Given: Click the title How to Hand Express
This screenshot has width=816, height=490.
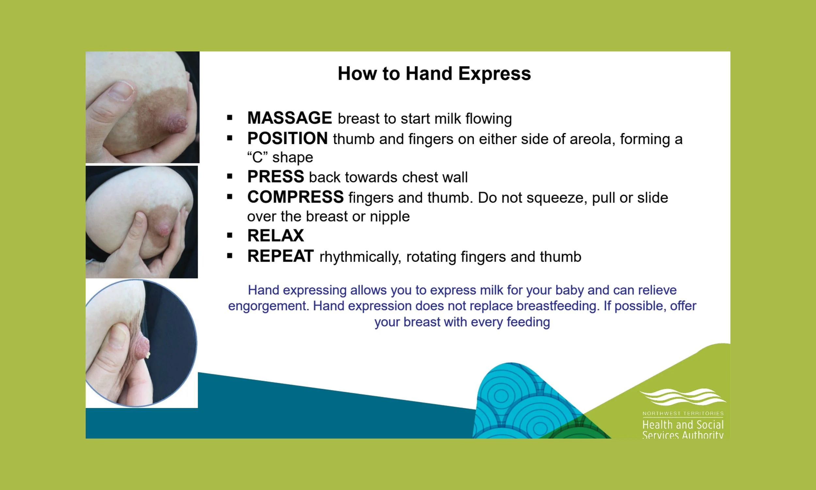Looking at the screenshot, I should pos(434,73).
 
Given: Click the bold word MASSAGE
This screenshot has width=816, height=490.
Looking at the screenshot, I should pos(290,118).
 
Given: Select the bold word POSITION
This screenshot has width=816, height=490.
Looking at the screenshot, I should pos(287,139).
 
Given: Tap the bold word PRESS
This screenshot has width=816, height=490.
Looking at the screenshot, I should pos(275,177).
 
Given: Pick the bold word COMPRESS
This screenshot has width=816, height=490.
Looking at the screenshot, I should pos(295,197).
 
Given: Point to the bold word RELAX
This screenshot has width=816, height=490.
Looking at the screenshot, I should pos(275,236).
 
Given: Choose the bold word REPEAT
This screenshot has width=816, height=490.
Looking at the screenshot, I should pos(280,256).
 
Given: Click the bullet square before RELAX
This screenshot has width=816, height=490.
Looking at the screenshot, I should pos(230,236).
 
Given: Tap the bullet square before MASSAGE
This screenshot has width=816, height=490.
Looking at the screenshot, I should pos(230,118).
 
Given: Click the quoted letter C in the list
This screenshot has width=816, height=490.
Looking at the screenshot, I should pos(257,157).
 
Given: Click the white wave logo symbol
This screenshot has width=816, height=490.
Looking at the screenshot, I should pos(683,397).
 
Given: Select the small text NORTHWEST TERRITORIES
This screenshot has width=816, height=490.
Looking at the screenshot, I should pos(683,413).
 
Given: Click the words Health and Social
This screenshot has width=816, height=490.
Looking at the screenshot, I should pos(683,425).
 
